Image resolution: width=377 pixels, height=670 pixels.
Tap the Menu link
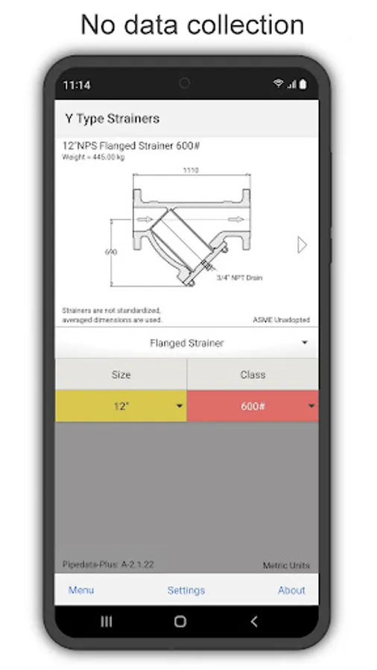tap(81, 590)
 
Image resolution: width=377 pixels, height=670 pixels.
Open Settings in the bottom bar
tap(186, 590)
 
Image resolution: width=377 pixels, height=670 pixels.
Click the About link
tap(291, 590)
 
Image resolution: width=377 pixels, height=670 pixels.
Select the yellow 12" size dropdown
tap(121, 406)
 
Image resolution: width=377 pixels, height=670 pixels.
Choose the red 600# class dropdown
tap(253, 406)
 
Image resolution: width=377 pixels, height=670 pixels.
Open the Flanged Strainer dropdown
tap(187, 342)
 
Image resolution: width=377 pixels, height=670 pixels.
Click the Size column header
tap(121, 374)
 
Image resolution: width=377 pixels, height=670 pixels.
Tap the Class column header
tap(253, 374)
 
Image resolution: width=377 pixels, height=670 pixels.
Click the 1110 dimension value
tap(191, 170)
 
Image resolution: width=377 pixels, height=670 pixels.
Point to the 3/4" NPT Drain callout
tap(239, 278)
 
